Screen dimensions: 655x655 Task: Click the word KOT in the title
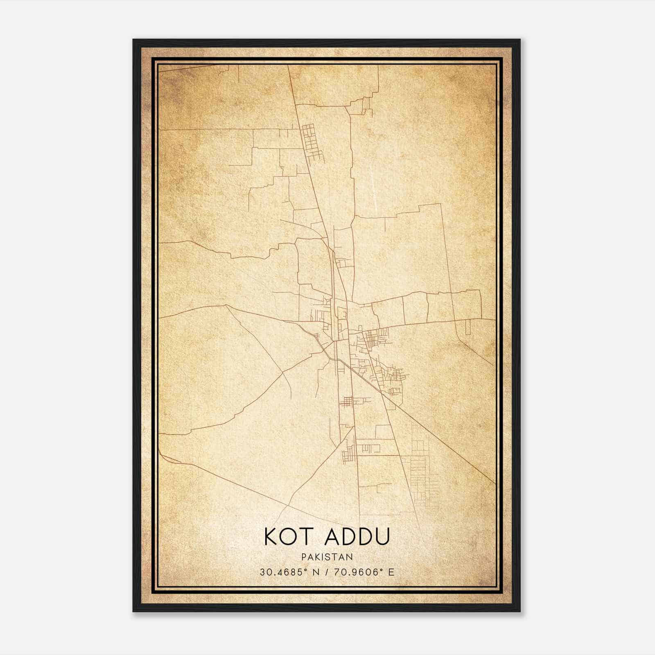click(289, 537)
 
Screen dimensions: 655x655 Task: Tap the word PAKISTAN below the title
click(327, 557)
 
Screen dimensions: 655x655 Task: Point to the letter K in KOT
click(271, 537)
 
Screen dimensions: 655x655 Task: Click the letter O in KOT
click(290, 537)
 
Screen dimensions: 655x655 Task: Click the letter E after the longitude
click(392, 572)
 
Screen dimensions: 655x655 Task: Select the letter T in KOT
click(308, 537)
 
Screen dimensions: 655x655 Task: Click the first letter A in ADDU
click(332, 537)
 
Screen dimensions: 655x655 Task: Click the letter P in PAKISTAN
click(303, 557)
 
